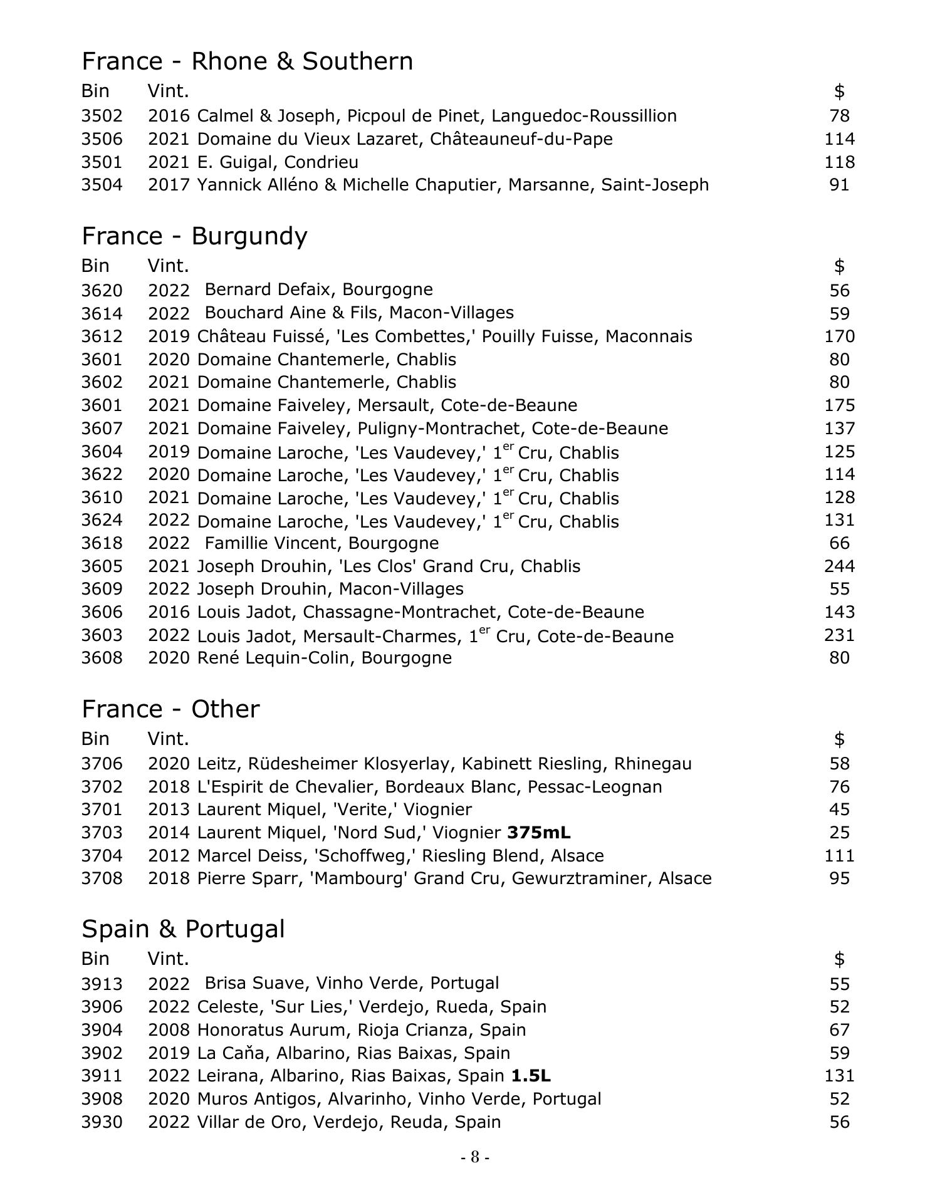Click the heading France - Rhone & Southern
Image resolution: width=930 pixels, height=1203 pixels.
(247, 61)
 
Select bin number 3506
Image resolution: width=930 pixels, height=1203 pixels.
(102, 139)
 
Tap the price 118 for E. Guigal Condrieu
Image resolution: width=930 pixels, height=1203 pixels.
(839, 162)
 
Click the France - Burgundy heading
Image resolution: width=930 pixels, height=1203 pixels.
(194, 236)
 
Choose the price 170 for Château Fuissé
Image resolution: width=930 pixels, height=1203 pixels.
(839, 336)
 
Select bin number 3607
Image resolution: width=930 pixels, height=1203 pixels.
(102, 429)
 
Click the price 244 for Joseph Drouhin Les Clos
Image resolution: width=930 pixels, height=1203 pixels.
(839, 566)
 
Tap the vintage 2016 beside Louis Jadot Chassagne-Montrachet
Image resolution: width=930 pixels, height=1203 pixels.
(169, 612)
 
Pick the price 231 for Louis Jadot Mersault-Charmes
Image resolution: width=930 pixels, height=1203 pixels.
(839, 635)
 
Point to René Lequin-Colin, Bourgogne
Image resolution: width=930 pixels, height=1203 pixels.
(324, 658)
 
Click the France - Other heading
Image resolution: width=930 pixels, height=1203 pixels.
(170, 709)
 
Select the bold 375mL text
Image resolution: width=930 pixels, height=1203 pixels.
(539, 833)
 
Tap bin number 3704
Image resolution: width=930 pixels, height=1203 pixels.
(102, 856)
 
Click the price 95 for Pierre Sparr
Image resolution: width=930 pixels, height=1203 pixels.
(839, 878)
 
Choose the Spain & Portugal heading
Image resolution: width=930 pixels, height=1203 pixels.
(183, 929)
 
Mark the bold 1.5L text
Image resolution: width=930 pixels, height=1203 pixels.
(531, 1076)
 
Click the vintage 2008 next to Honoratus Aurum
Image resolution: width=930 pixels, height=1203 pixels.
(169, 1030)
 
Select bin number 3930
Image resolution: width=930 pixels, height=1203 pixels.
(102, 1122)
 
